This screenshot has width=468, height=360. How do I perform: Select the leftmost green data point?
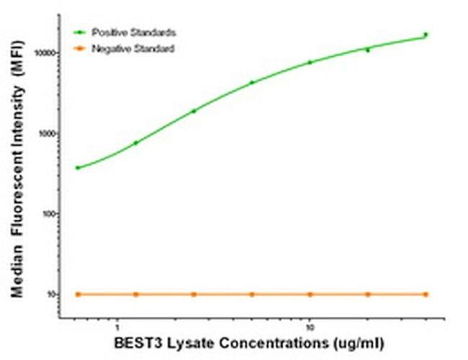point(78,168)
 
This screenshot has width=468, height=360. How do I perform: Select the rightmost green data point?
point(426,34)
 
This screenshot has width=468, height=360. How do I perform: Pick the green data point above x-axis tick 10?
point(310,63)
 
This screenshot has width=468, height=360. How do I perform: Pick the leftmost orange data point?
point(78,294)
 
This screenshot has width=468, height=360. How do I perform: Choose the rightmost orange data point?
point(426,294)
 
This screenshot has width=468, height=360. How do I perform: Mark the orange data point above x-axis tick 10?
point(310,294)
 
